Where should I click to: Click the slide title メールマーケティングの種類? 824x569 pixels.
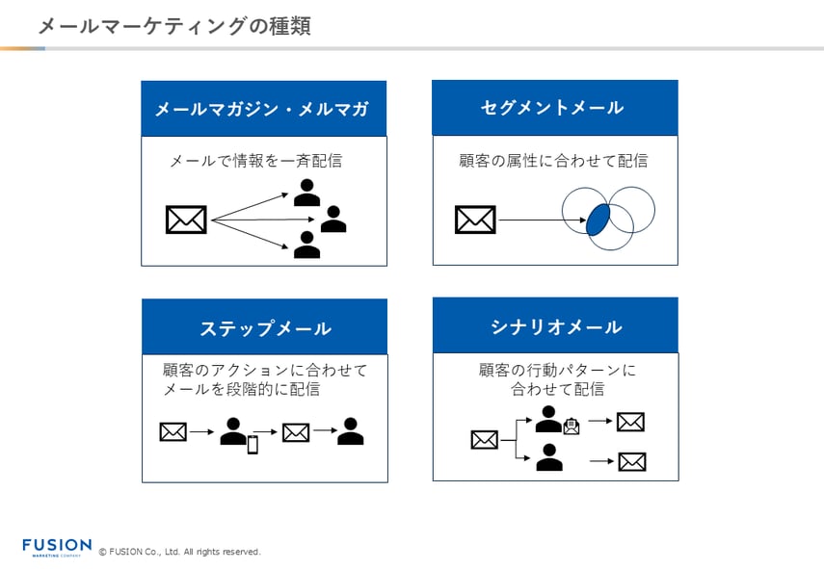[173, 26]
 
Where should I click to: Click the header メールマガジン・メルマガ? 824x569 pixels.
[262, 109]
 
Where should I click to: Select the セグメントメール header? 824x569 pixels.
[553, 108]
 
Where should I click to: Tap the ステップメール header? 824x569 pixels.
[265, 327]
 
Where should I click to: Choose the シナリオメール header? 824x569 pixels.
[555, 326]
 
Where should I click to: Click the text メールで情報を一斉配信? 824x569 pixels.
[255, 161]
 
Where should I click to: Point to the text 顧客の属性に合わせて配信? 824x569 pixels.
[553, 161]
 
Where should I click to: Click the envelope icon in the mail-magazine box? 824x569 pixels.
[186, 220]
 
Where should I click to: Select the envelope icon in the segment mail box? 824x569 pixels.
[475, 220]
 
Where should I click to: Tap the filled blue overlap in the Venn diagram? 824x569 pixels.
[598, 219]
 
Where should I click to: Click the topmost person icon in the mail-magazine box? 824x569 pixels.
[306, 193]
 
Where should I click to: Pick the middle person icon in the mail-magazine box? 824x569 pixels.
[333, 220]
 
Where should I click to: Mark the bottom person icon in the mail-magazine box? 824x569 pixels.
[306, 246]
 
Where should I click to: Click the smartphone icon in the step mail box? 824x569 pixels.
[253, 444]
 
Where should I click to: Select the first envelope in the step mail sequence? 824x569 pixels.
[173, 432]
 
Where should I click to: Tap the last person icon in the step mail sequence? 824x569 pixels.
[351, 431]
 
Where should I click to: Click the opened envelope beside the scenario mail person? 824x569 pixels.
[571, 426]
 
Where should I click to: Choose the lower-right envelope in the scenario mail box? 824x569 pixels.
[632, 462]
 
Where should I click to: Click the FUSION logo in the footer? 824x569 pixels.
[57, 547]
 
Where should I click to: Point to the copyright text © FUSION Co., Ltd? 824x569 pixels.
[180, 552]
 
